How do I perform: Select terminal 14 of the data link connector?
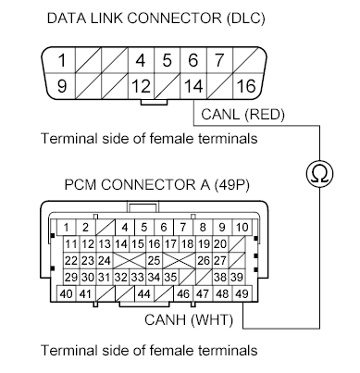point(192,88)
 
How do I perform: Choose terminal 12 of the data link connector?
point(140,88)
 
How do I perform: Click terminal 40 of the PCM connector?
point(67,293)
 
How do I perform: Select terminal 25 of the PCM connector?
point(153,260)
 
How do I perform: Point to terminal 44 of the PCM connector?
point(143,293)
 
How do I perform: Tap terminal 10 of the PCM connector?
point(241,227)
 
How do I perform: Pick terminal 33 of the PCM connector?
point(136,277)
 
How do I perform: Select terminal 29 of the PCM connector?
point(70,277)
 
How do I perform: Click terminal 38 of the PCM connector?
point(220,277)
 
